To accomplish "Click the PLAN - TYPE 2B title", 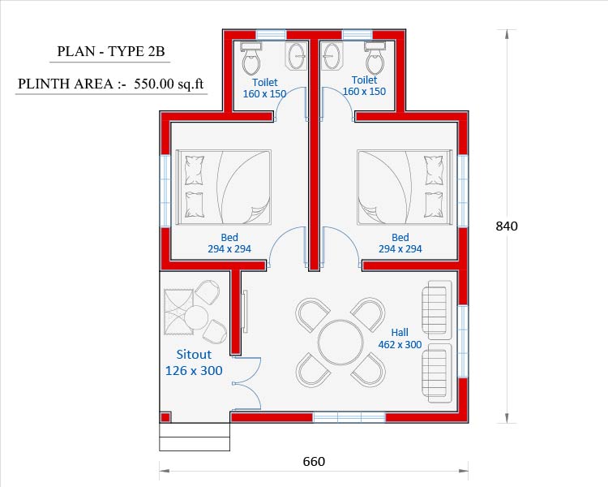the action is [x=111, y=51].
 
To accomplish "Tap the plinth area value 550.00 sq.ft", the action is [x=169, y=84].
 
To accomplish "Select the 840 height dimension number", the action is [x=507, y=226].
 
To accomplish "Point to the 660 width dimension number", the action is [x=314, y=461].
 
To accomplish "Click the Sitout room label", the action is [x=194, y=354].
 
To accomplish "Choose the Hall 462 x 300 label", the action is [x=400, y=338].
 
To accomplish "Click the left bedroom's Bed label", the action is [x=229, y=237].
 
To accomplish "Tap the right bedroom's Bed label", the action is [x=400, y=237].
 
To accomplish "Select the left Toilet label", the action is [x=265, y=82].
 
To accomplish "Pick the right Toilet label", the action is [x=364, y=80].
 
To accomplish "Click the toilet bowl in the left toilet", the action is [x=250, y=59].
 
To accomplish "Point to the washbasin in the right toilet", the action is [x=332, y=56].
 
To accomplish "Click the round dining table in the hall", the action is [x=340, y=343].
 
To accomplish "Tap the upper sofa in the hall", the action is [x=437, y=310].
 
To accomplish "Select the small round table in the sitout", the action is [x=196, y=317].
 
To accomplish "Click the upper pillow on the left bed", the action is [x=195, y=170].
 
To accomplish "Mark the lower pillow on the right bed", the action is [x=434, y=205].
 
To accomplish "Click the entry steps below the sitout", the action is [x=195, y=437].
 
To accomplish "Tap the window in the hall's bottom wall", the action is [x=349, y=417].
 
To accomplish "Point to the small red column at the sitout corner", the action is [x=165, y=417].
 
